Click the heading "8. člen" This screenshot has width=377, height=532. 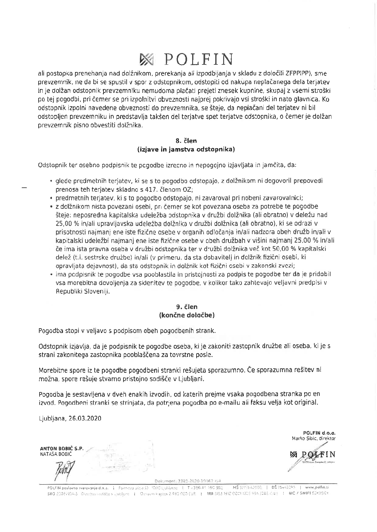(186, 141)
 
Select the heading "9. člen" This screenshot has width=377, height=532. (187, 307)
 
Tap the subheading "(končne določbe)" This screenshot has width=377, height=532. (187, 315)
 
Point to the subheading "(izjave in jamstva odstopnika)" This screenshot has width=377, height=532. (186, 149)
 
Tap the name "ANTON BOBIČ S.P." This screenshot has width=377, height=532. (62, 449)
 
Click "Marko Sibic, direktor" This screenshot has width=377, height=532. (313, 438)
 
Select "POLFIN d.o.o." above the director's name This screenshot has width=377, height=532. (319, 433)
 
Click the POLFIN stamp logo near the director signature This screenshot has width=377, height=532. (312, 455)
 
